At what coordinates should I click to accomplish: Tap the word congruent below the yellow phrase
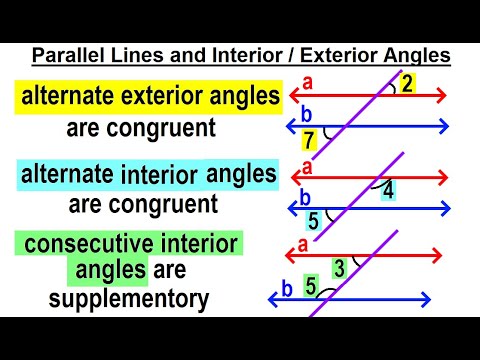171,128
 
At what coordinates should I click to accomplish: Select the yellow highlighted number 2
406,85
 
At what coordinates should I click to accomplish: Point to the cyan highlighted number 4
388,189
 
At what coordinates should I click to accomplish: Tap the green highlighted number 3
340,268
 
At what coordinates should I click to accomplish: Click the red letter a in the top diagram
307,85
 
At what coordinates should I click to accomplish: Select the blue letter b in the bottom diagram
286,289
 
